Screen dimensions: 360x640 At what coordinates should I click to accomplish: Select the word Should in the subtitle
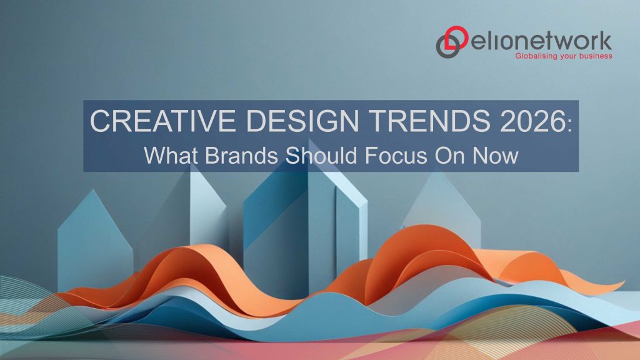(x=315, y=155)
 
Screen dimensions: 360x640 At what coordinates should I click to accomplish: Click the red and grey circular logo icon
(x=451, y=42)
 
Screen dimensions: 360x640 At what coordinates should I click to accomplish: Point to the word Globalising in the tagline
(x=536, y=56)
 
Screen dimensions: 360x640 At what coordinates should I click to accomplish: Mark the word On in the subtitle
(x=453, y=155)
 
